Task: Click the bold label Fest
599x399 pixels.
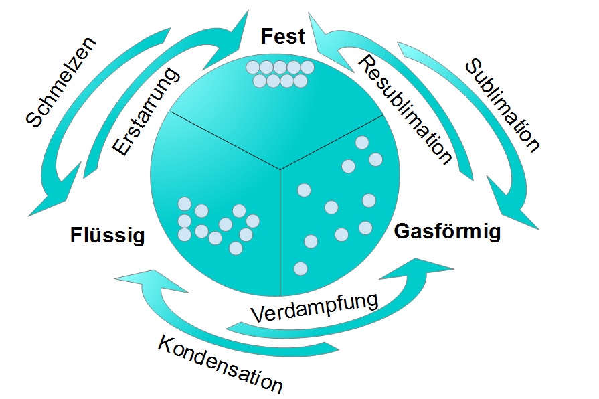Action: coord(282,36)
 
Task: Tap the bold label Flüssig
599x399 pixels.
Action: coord(107,235)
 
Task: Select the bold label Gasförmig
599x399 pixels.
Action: coord(448,232)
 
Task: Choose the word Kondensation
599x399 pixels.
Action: coord(220,362)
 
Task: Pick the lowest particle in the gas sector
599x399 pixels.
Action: coord(301,268)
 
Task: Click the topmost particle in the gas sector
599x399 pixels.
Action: coord(363,142)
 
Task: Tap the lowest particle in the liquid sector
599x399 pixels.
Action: coord(235,248)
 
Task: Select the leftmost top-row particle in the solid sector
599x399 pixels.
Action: coord(252,68)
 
